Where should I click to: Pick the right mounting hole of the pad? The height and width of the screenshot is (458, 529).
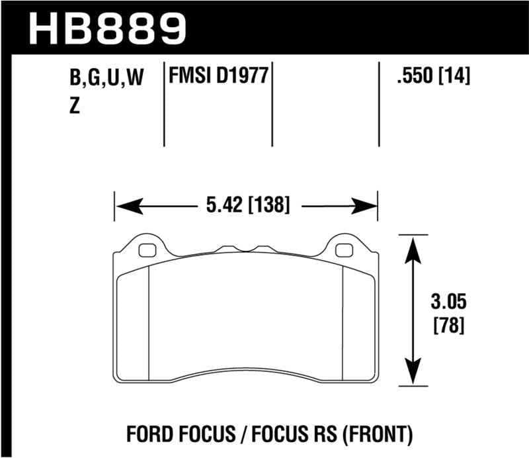(x=344, y=250)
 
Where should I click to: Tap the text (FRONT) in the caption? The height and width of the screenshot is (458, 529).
(x=382, y=435)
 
